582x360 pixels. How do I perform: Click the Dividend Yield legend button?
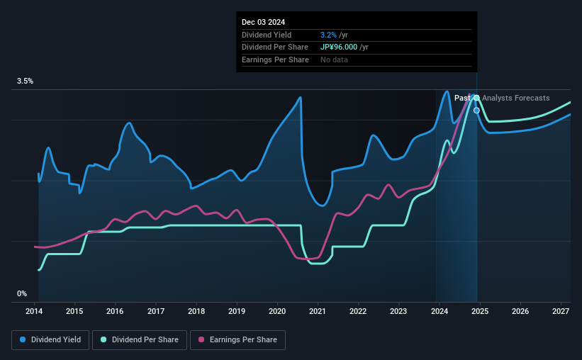(x=50, y=340)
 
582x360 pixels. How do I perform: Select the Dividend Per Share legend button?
(x=143, y=340)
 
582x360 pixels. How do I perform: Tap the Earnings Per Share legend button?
(x=237, y=340)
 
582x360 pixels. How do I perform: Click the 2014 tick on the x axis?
(x=35, y=311)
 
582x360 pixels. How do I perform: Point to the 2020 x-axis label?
(x=277, y=311)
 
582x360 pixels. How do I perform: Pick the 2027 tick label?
(x=560, y=311)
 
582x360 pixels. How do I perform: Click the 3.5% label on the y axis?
(x=26, y=81)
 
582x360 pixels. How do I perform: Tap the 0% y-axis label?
(x=22, y=293)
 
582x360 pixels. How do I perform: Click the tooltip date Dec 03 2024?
(x=264, y=23)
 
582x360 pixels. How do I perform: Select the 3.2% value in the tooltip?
(x=328, y=35)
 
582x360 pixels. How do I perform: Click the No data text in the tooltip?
(x=334, y=60)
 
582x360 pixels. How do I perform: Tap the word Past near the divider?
(x=462, y=99)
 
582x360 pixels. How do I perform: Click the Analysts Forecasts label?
(x=515, y=99)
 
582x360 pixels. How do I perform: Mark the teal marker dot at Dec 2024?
(x=476, y=98)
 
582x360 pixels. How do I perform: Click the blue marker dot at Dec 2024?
(x=476, y=111)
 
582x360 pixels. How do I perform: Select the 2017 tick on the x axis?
(x=156, y=311)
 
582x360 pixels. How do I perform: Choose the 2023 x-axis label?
(x=398, y=311)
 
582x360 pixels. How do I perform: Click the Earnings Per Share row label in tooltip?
(x=275, y=60)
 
